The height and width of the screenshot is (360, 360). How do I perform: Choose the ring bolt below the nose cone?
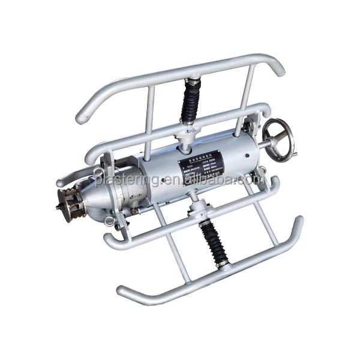click(x=109, y=220)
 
